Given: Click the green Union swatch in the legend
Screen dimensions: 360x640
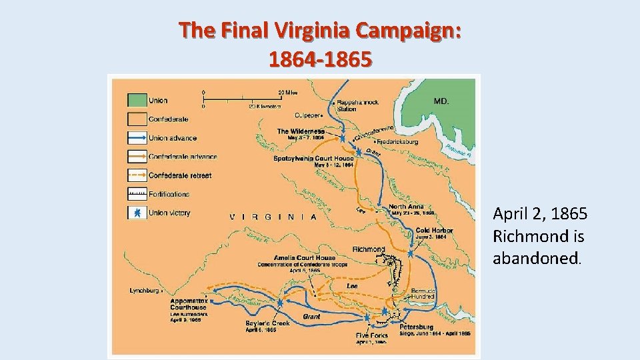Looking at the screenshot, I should click(x=137, y=100).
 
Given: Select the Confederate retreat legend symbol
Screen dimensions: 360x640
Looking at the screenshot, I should click(x=137, y=175).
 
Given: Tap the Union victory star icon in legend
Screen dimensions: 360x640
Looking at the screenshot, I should click(x=137, y=213).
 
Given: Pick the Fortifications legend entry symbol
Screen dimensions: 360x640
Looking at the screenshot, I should click(x=137, y=194).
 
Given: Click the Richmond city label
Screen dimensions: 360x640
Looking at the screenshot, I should click(x=369, y=249).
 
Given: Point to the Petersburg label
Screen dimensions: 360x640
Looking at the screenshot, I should click(x=417, y=327).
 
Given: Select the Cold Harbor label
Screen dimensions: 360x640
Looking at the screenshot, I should click(x=434, y=231).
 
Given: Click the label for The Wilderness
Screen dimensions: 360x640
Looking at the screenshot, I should click(x=301, y=131).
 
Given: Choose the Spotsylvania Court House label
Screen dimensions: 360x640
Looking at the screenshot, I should click(x=309, y=159).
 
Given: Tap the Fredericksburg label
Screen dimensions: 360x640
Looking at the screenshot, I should click(x=398, y=142).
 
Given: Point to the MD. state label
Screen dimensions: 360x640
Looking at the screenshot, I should click(x=441, y=101).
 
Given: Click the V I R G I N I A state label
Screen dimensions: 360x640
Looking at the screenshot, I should click(x=273, y=217).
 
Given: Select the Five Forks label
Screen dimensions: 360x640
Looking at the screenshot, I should click(x=371, y=335).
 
